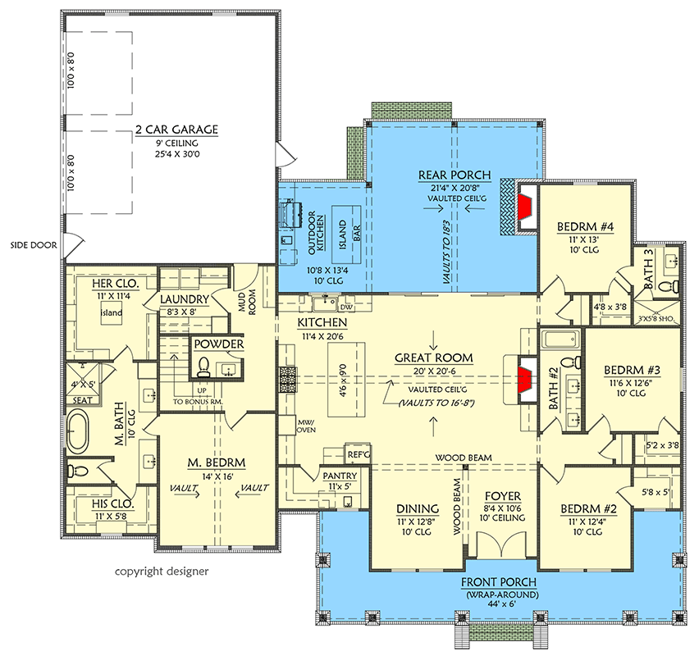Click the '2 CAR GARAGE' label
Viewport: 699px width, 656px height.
[177, 130]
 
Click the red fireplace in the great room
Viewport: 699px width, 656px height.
[525, 378]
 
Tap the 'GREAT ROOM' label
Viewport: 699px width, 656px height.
[432, 358]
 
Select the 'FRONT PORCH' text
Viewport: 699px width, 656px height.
[500, 583]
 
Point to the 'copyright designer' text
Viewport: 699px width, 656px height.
[161, 571]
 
